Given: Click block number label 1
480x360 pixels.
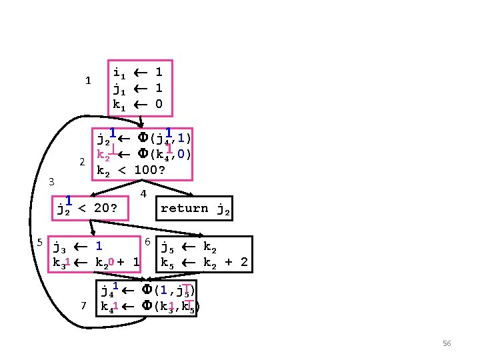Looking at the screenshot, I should tap(87, 81).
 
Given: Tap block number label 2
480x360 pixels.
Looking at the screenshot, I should tap(81, 162).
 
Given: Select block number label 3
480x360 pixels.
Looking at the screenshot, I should tap(52, 181).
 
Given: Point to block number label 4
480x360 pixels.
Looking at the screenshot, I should tap(143, 194).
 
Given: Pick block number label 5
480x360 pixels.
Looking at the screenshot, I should tap(40, 242).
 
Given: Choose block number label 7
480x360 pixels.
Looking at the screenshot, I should tap(83, 305).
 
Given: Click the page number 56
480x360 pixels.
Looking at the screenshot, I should tap(447, 343).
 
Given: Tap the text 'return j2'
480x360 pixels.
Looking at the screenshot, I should tap(195, 209).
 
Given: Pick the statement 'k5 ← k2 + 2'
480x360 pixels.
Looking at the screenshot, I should tap(204, 263).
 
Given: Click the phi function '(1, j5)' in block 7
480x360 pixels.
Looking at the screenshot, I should tap(171, 291).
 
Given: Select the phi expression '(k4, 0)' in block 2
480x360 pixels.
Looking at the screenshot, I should tap(170, 155).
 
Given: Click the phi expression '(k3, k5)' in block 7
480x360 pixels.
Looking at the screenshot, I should tap(175, 307).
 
